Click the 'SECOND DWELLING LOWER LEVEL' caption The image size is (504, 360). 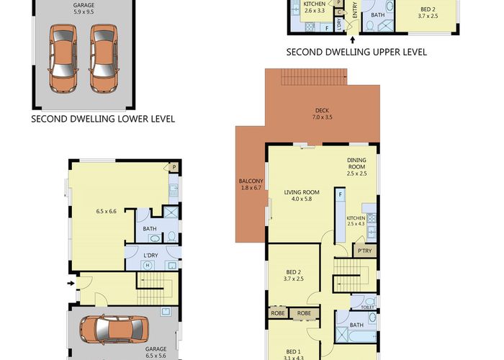103,119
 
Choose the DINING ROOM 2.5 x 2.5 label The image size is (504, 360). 357,167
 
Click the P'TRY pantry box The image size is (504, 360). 362,250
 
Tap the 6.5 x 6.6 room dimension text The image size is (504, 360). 107,211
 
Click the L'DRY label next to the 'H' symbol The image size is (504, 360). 150,256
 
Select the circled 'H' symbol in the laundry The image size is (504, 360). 148,265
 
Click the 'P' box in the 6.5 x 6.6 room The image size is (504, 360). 174,167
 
